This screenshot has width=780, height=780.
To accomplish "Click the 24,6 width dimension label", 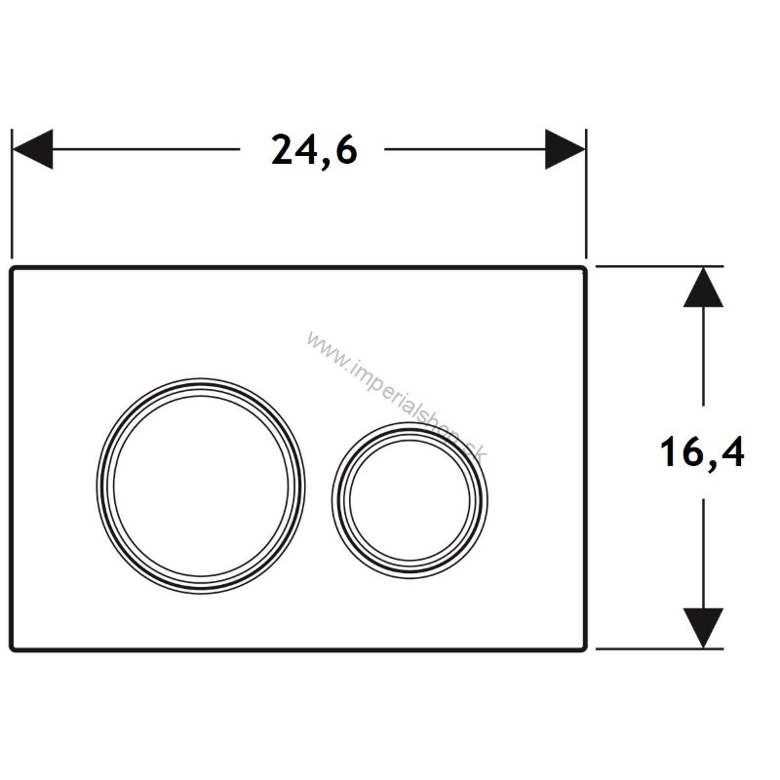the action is point(314,151).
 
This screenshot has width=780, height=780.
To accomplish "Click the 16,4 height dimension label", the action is point(702,452).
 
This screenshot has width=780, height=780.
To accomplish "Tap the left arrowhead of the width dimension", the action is point(32,149).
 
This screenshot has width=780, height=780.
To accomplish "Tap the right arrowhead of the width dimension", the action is point(565,149).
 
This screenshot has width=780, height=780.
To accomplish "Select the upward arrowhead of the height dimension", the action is point(703,287).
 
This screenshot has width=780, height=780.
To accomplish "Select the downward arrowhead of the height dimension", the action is point(703,628).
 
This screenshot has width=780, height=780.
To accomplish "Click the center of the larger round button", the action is point(201,486).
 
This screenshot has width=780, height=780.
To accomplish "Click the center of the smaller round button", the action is point(409,500).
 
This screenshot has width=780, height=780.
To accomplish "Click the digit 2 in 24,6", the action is point(282,149).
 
